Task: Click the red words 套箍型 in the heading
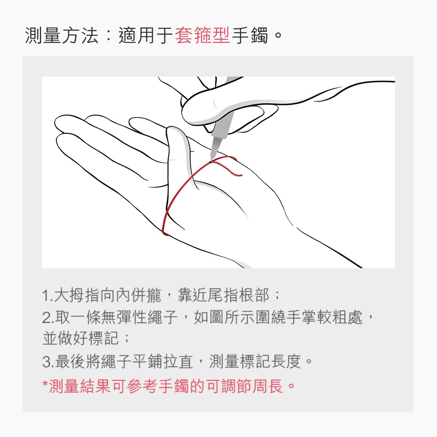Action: click(x=202, y=36)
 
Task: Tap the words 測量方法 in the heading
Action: click(x=62, y=36)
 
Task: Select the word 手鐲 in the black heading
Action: click(x=250, y=36)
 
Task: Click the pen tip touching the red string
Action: click(x=211, y=161)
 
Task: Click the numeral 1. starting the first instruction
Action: click(x=47, y=295)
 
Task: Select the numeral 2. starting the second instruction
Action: click(x=48, y=317)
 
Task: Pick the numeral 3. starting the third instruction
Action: click(x=48, y=362)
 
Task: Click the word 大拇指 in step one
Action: click(x=76, y=295)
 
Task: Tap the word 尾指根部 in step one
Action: click(x=238, y=295)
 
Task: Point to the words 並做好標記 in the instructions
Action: click(x=80, y=338)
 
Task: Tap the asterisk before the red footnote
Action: click(x=45, y=383)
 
